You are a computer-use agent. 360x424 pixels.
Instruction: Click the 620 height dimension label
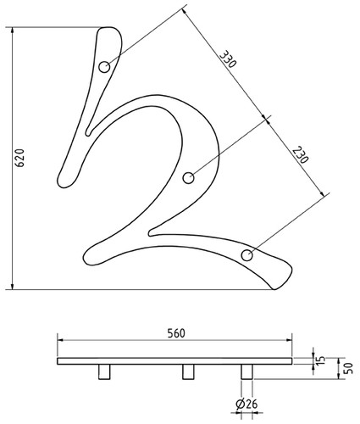tap(20, 158)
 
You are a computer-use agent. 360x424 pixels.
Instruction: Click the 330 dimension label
tap(228, 59)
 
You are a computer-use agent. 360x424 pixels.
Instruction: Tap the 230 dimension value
tap(300, 154)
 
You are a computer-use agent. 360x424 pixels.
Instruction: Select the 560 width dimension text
tap(176, 333)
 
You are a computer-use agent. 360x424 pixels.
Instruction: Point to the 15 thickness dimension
tap(322, 360)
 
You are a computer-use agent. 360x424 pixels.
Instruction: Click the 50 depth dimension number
tap(349, 368)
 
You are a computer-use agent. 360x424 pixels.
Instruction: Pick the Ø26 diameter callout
tap(246, 404)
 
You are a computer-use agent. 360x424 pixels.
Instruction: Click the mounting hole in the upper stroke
tap(104, 67)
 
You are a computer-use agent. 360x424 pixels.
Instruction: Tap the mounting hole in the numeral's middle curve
tap(188, 178)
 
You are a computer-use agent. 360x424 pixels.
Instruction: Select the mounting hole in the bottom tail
tap(247, 255)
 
